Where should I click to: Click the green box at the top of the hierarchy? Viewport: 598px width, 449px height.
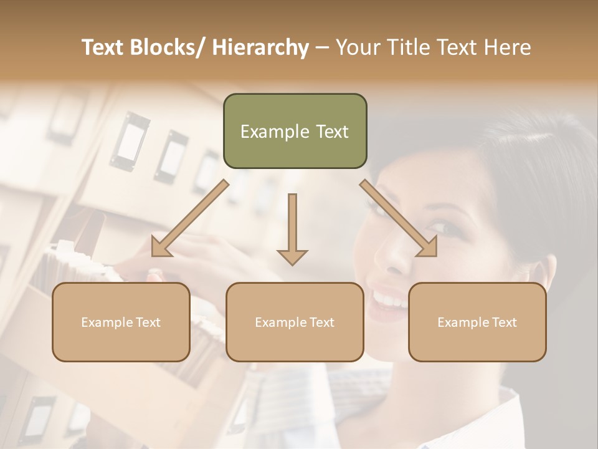pyautogui.click(x=295, y=131)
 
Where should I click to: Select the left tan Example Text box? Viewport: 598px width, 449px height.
pyautogui.click(x=121, y=322)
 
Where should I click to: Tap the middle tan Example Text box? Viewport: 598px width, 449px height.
pyautogui.click(x=295, y=322)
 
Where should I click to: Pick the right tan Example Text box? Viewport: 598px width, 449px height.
pyautogui.click(x=477, y=322)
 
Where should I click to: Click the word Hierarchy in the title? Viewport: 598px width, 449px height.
pyautogui.click(x=260, y=47)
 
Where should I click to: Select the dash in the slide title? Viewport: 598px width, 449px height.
pyautogui.click(x=322, y=47)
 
